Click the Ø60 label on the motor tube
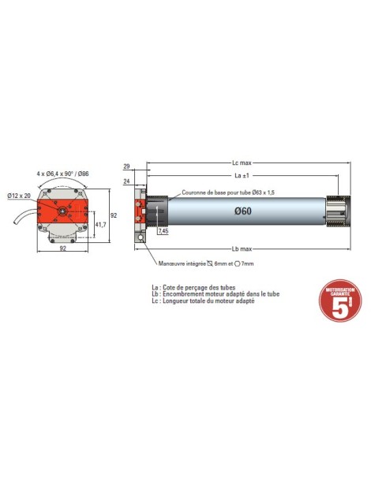243,211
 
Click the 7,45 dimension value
163,232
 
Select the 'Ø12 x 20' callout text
19,195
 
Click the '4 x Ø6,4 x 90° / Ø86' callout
62,173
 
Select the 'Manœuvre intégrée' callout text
206,263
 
